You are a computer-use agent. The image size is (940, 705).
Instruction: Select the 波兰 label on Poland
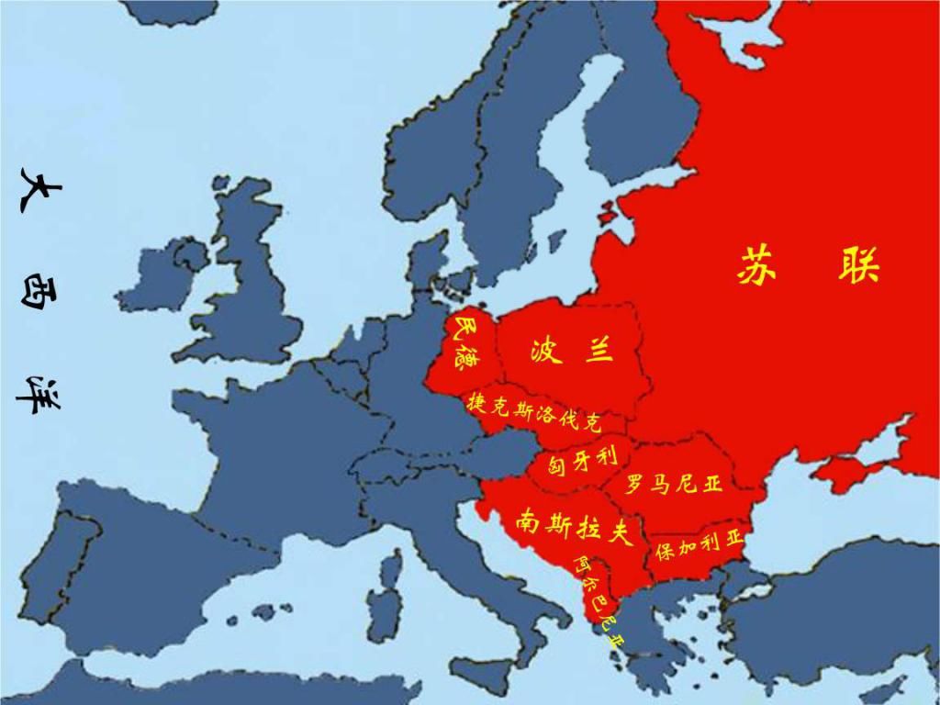coord(571,350)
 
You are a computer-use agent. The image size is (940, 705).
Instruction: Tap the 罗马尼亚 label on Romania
coord(674,482)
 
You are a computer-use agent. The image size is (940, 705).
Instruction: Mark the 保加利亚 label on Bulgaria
coord(699,547)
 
